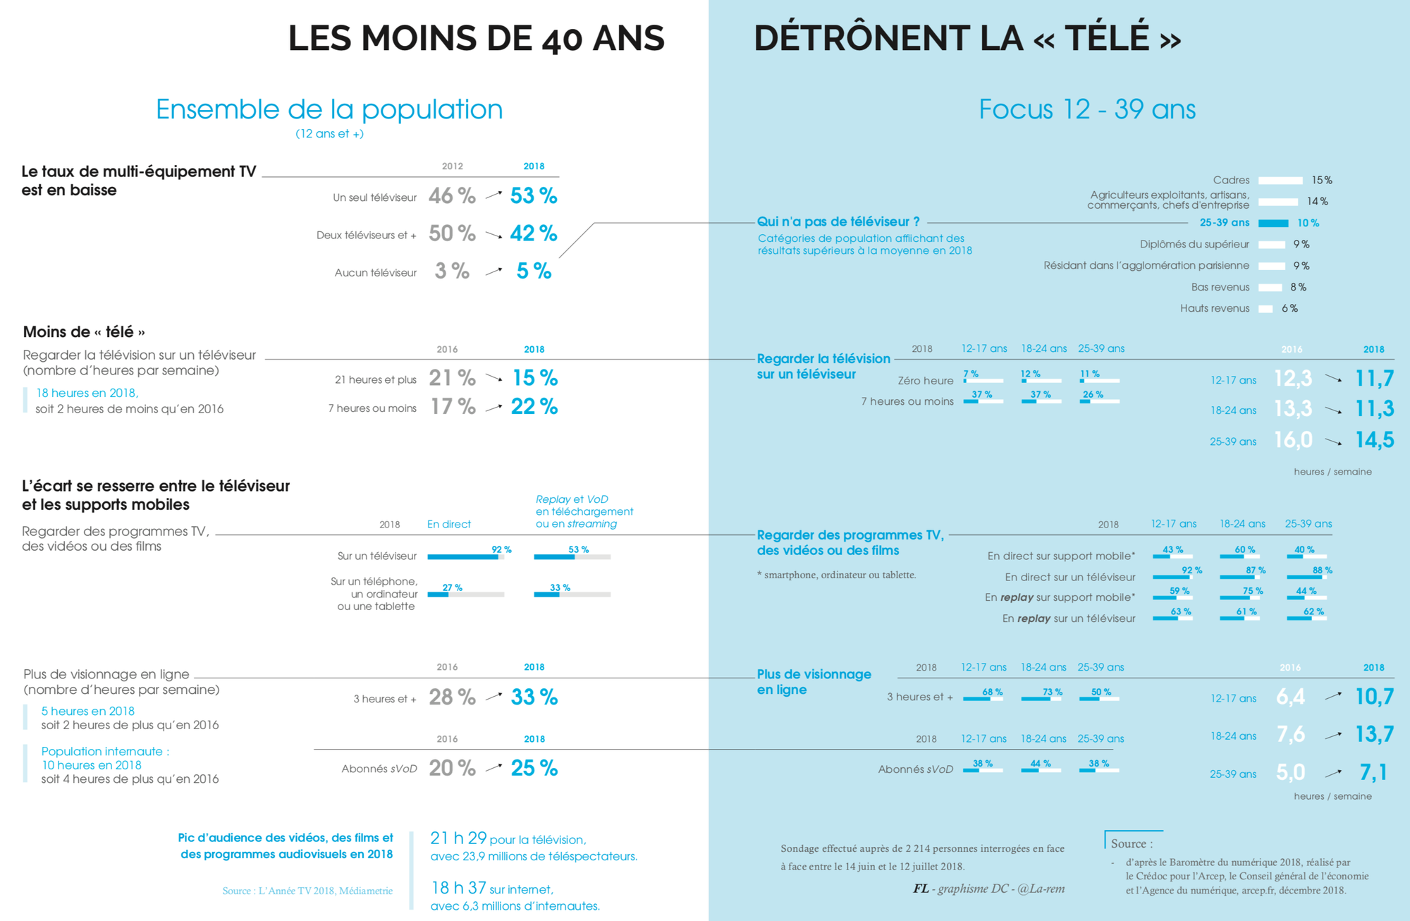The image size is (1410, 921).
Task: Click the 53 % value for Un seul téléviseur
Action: [x=534, y=195]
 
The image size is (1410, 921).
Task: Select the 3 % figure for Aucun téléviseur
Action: [x=452, y=271]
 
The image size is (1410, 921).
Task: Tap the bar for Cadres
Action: [x=1280, y=181]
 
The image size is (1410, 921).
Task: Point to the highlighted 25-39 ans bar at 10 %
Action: [x=1273, y=224]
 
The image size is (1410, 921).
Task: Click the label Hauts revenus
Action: [x=1214, y=308]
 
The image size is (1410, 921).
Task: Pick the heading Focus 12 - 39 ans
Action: [x=1087, y=109]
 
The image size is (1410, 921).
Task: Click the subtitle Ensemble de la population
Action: [x=329, y=109]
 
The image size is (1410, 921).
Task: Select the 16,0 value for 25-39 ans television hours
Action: [x=1293, y=440]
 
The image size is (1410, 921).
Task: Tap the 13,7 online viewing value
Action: [x=1374, y=734]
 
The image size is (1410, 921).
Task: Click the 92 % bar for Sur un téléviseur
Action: [x=463, y=557]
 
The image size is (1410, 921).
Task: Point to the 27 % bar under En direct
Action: [x=438, y=594]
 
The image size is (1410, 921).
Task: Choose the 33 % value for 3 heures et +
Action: [x=534, y=697]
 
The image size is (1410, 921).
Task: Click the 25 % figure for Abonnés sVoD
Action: [x=534, y=767]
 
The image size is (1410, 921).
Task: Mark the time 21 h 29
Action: [x=458, y=838]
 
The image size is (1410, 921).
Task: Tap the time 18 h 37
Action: [x=458, y=888]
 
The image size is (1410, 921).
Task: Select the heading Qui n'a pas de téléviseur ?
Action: [x=838, y=221]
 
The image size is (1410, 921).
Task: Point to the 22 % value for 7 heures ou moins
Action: [x=534, y=406]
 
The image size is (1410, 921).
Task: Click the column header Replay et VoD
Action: [x=572, y=499]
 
